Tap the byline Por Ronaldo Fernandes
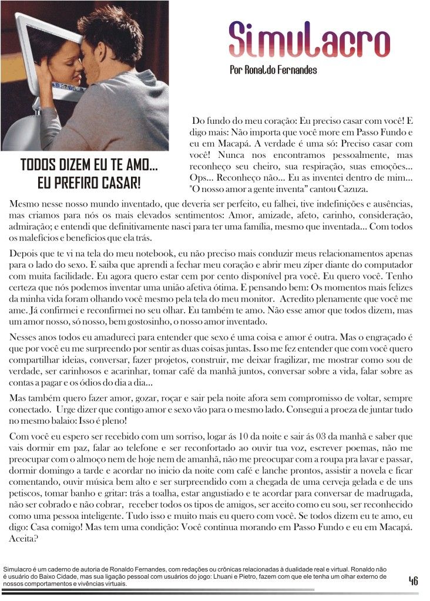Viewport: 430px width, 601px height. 273,70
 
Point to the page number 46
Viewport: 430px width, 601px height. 414,581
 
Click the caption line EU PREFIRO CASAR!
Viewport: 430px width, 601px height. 89,183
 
